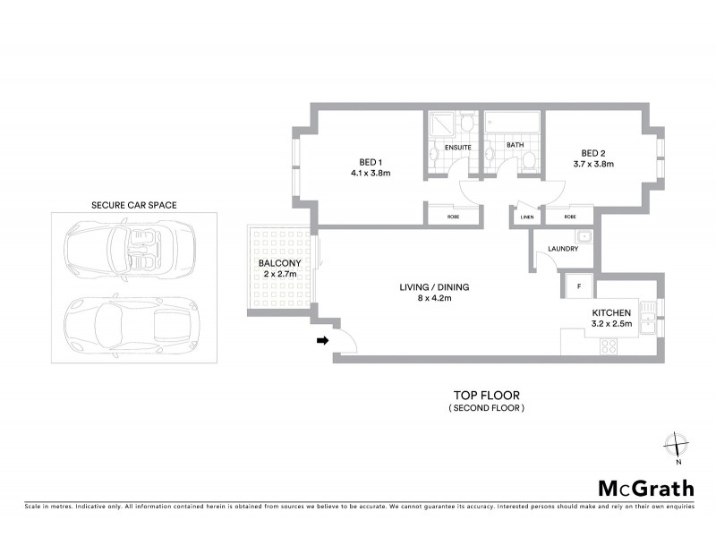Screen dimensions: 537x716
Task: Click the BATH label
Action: coord(515,144)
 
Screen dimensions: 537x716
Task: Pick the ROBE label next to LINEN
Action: coord(570,217)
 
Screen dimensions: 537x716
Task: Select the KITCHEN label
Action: coord(612,312)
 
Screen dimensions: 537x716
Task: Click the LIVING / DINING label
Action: coord(434,287)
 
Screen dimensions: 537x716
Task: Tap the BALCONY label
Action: coord(277,264)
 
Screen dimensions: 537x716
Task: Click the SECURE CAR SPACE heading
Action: coord(134,205)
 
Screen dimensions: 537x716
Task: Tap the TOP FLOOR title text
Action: coord(486,395)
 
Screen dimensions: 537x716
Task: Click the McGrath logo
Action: coord(645,488)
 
